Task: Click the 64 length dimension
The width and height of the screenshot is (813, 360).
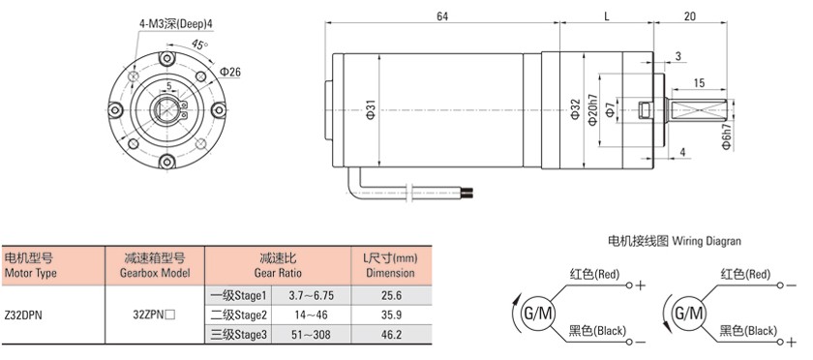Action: pyautogui.click(x=441, y=16)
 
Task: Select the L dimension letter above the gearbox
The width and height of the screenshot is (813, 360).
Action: pyautogui.click(x=606, y=16)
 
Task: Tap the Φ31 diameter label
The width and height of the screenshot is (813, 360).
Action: pyautogui.click(x=370, y=111)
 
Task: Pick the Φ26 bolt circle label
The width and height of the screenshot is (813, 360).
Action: pyautogui.click(x=230, y=73)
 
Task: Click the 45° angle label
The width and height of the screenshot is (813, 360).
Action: pyautogui.click(x=197, y=45)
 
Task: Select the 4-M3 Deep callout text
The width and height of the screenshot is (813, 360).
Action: pyautogui.click(x=176, y=24)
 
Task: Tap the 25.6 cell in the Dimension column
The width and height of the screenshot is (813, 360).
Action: pyautogui.click(x=391, y=296)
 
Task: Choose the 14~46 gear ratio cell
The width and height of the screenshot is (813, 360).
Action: pyautogui.click(x=312, y=315)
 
